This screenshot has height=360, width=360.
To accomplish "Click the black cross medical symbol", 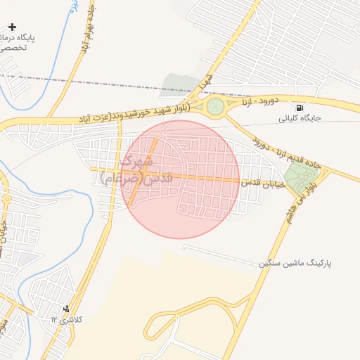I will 12,27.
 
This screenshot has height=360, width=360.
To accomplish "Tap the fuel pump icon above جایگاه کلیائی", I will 301,108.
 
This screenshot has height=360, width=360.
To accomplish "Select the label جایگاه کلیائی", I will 301,118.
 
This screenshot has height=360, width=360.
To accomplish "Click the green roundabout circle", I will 214,108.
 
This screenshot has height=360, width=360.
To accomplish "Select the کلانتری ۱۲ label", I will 66,319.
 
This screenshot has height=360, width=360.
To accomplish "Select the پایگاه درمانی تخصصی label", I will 24,42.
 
